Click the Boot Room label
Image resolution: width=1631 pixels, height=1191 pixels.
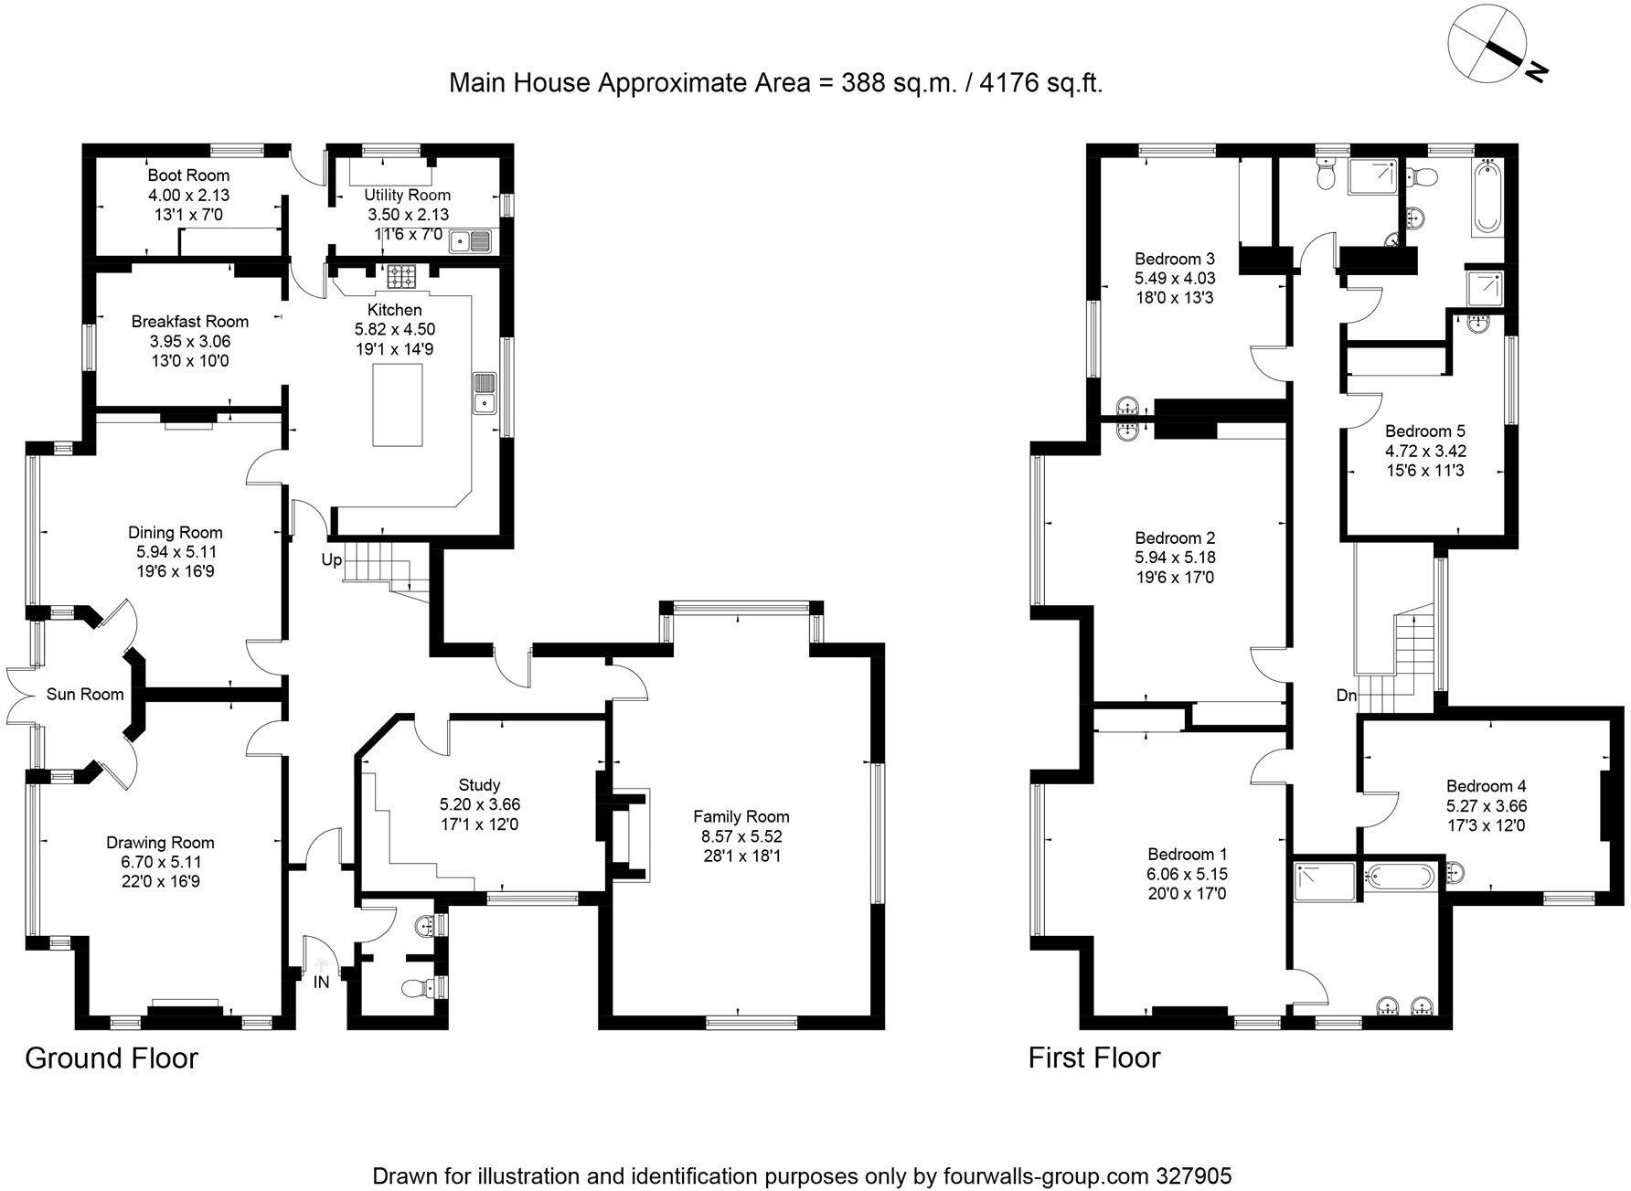pyautogui.click(x=188, y=175)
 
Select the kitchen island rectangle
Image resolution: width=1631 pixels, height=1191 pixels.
pyautogui.click(x=398, y=404)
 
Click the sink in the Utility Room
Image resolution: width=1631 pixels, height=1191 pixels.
pyautogui.click(x=475, y=240)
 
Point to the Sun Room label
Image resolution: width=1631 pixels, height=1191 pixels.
pyautogui.click(x=85, y=695)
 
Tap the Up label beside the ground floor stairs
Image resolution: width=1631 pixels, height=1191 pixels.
pyautogui.click(x=331, y=559)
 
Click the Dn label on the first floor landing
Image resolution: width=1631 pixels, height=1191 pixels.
pyautogui.click(x=1346, y=696)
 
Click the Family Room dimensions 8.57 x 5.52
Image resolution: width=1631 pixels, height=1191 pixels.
pyautogui.click(x=741, y=836)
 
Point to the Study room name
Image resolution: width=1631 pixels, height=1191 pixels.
pyautogui.click(x=479, y=784)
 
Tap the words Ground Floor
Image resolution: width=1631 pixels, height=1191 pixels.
pyautogui.click(x=112, y=1058)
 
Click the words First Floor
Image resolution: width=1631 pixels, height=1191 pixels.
pyautogui.click(x=1093, y=1058)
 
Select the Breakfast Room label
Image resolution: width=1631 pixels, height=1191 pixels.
pyautogui.click(x=189, y=321)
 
